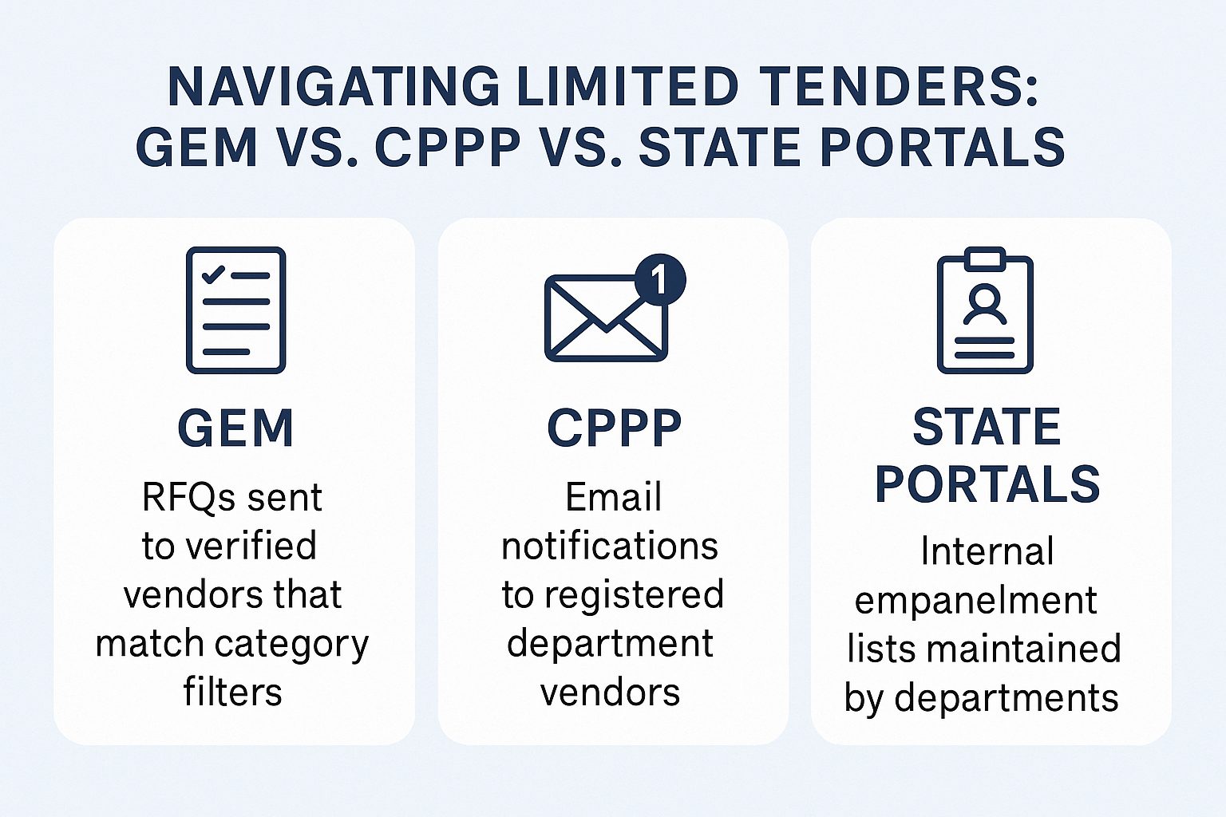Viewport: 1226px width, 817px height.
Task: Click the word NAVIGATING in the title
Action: click(334, 86)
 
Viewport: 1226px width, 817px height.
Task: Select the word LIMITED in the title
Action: click(628, 86)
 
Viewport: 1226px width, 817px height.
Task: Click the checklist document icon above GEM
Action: click(236, 310)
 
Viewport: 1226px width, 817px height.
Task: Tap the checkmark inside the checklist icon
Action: click(213, 274)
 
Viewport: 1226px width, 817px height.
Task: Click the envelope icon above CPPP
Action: click(606, 318)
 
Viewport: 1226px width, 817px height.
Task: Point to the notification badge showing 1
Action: click(659, 279)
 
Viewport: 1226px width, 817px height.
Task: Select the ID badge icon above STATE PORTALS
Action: click(985, 310)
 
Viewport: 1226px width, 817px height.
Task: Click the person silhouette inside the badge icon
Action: click(985, 305)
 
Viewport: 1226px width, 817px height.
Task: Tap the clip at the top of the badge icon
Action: click(985, 259)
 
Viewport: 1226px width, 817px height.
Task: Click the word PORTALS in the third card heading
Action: click(987, 483)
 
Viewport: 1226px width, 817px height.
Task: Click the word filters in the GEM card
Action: click(232, 692)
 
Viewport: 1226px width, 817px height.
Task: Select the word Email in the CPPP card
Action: click(614, 497)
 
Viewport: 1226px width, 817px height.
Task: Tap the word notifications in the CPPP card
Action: click(610, 546)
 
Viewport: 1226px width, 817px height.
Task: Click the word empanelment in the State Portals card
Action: click(976, 600)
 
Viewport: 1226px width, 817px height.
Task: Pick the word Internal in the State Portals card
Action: click(987, 551)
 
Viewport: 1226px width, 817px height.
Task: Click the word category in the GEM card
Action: click(291, 644)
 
